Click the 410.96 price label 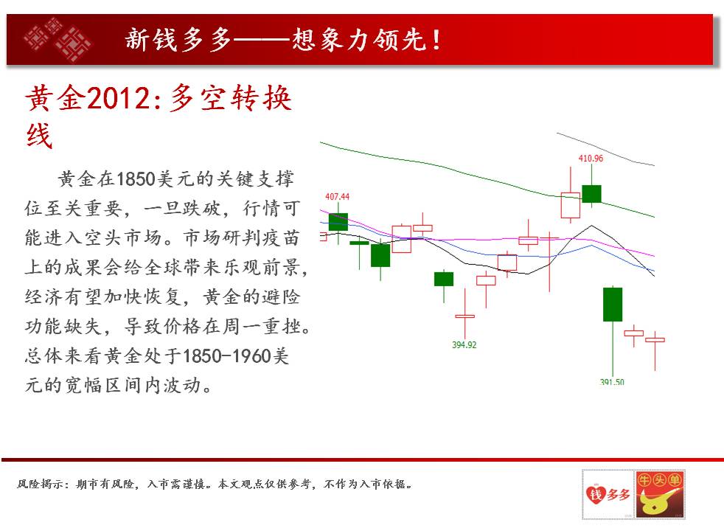pyautogui.click(x=591, y=159)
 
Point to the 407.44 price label pyautogui.click(x=337, y=197)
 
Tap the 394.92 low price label pyautogui.click(x=464, y=345)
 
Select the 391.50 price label pyautogui.click(x=612, y=382)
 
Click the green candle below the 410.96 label pyautogui.click(x=591, y=193)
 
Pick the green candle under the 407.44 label pyautogui.click(x=338, y=222)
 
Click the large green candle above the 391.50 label pyautogui.click(x=613, y=305)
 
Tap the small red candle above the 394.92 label pyautogui.click(x=465, y=316)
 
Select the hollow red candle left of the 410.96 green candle pyautogui.click(x=570, y=205)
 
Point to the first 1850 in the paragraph pyautogui.click(x=136, y=179)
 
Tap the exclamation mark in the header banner pyautogui.click(x=436, y=40)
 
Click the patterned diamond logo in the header pyautogui.click(x=58, y=40)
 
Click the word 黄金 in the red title pyautogui.click(x=55, y=98)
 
